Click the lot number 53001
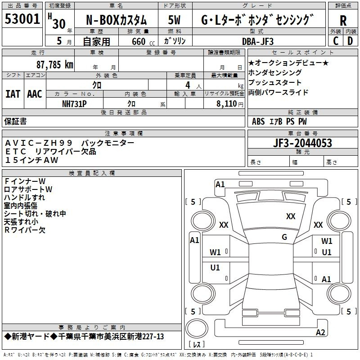pyautogui.click(x=22, y=19)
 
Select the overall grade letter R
pyautogui.click(x=343, y=21)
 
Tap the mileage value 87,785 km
pyautogui.click(x=55, y=65)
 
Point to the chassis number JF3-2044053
pyautogui.click(x=302, y=143)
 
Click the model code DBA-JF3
pyautogui.click(x=258, y=41)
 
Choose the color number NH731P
pyautogui.click(x=74, y=104)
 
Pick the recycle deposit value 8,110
pyautogui.click(x=227, y=104)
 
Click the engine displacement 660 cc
pyautogui.click(x=143, y=41)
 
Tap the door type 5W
pyautogui.click(x=174, y=20)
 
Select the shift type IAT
pyautogui.click(x=13, y=94)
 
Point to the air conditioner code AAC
pyautogui.click(x=35, y=94)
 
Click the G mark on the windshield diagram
pyautogui.click(x=284, y=237)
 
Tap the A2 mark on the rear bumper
pyautogui.click(x=320, y=332)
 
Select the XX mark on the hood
pyautogui.click(x=291, y=216)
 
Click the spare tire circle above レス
pyautogui.click(x=197, y=328)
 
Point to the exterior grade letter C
pyautogui.click(x=336, y=41)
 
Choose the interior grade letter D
pyautogui.click(x=350, y=41)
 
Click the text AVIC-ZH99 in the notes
pyautogui.click(x=39, y=143)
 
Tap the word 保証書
pyautogui.click(x=15, y=121)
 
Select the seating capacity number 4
pyautogui.click(x=188, y=85)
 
